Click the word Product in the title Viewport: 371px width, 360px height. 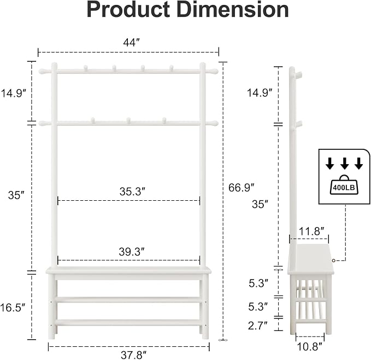[128, 10]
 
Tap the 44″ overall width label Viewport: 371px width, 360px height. [132, 43]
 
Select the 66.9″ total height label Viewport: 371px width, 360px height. [241, 188]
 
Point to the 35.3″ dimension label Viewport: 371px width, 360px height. [132, 191]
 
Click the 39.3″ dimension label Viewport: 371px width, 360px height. [132, 252]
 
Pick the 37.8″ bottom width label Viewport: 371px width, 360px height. [134, 355]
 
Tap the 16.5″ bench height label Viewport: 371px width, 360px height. [13, 307]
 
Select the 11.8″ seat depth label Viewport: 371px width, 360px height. [311, 231]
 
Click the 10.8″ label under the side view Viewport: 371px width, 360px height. [310, 347]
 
